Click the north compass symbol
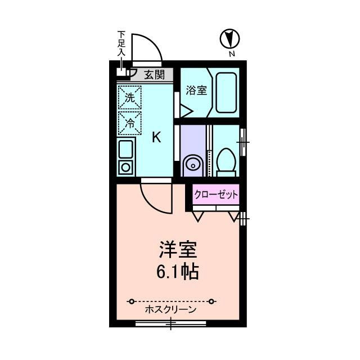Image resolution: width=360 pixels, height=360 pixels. click(x=230, y=39)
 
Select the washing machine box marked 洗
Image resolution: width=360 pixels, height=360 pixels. click(x=129, y=97)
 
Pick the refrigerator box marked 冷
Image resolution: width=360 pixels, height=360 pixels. click(x=129, y=123)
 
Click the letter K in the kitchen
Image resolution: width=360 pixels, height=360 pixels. click(x=157, y=137)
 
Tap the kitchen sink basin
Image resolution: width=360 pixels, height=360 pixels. click(x=125, y=149)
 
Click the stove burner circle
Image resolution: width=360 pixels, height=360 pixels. click(x=125, y=167)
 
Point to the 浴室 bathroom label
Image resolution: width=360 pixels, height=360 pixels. click(x=195, y=90)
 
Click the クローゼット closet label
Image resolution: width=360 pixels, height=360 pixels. click(x=216, y=195)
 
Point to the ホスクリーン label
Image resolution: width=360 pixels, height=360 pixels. click(x=170, y=310)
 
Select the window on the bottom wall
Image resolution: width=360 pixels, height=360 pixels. click(x=171, y=324)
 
